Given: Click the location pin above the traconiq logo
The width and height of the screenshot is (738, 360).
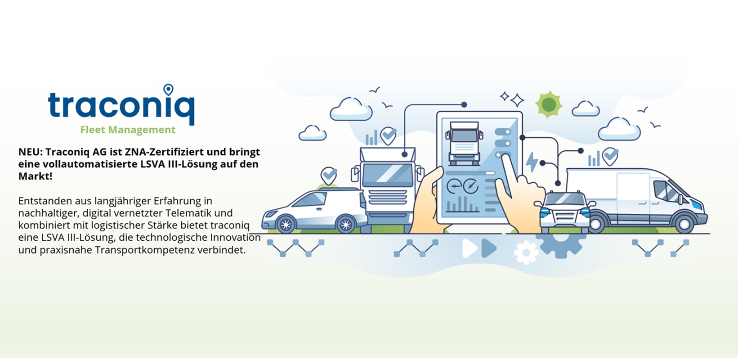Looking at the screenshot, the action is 168,90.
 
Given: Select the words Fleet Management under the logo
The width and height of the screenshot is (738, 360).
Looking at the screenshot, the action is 128,130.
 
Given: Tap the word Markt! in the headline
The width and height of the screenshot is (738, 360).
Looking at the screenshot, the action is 35,176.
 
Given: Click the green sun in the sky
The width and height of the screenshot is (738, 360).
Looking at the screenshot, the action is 549,104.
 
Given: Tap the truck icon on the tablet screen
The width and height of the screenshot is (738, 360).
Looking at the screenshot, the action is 464,143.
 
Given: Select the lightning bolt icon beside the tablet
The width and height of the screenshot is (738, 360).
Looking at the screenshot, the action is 532,162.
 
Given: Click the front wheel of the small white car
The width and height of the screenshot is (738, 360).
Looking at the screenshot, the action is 286,224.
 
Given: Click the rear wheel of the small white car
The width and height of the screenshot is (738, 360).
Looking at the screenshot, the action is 345,224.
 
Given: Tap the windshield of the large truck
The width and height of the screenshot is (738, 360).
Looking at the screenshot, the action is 388,175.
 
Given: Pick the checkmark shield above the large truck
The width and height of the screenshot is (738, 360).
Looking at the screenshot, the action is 389,135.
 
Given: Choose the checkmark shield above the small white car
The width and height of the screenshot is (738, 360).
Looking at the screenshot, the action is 329,175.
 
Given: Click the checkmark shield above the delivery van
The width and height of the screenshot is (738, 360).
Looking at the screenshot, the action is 610,156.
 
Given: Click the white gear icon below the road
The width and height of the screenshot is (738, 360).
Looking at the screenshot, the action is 526,252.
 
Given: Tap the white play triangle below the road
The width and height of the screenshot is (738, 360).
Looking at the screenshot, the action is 469,248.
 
